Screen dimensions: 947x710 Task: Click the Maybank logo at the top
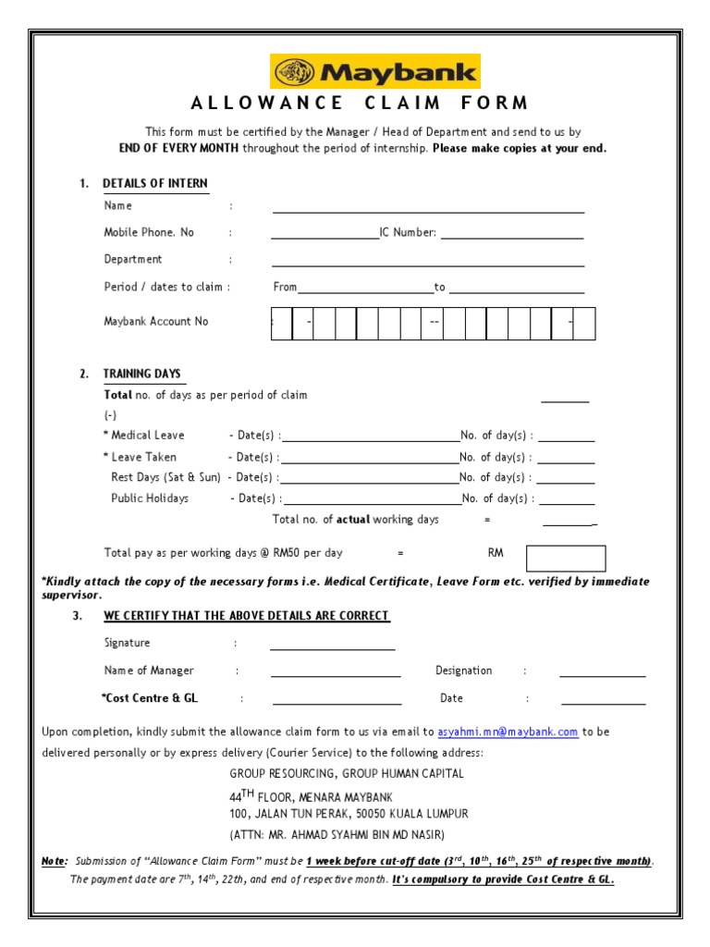(x=374, y=71)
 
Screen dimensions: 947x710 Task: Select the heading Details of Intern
(x=154, y=183)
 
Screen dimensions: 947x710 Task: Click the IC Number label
(x=408, y=233)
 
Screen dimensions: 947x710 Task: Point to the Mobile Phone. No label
(x=149, y=233)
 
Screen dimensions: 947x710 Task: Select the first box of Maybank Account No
(x=281, y=324)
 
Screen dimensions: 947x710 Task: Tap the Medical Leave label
(x=147, y=436)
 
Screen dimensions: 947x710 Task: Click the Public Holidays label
(x=150, y=498)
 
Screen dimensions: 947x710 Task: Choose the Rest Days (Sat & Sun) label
(x=165, y=477)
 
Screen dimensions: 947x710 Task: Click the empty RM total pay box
(x=565, y=559)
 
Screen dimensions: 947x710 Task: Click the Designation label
(x=463, y=670)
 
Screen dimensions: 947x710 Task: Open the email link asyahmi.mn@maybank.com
(x=508, y=732)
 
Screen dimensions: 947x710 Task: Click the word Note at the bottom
(x=54, y=861)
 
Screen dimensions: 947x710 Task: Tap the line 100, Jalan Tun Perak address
(x=349, y=814)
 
